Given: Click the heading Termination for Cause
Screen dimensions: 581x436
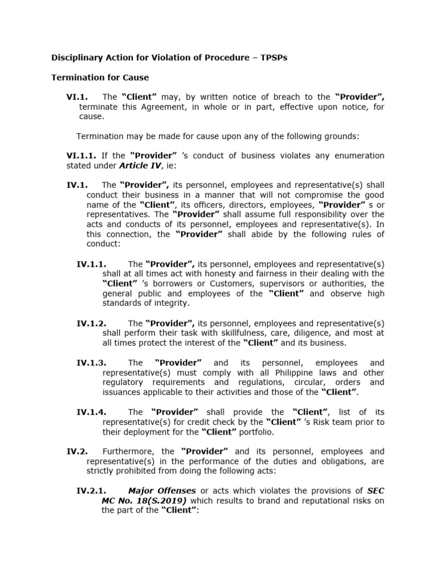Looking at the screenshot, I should tap(100, 77).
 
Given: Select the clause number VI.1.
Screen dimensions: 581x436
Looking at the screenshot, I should tap(77, 97).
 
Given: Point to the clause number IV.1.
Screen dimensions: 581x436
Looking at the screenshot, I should tap(77, 185).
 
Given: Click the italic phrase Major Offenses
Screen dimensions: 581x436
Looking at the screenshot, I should tap(162, 491).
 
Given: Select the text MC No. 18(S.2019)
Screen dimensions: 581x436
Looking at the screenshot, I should tap(144, 500).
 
